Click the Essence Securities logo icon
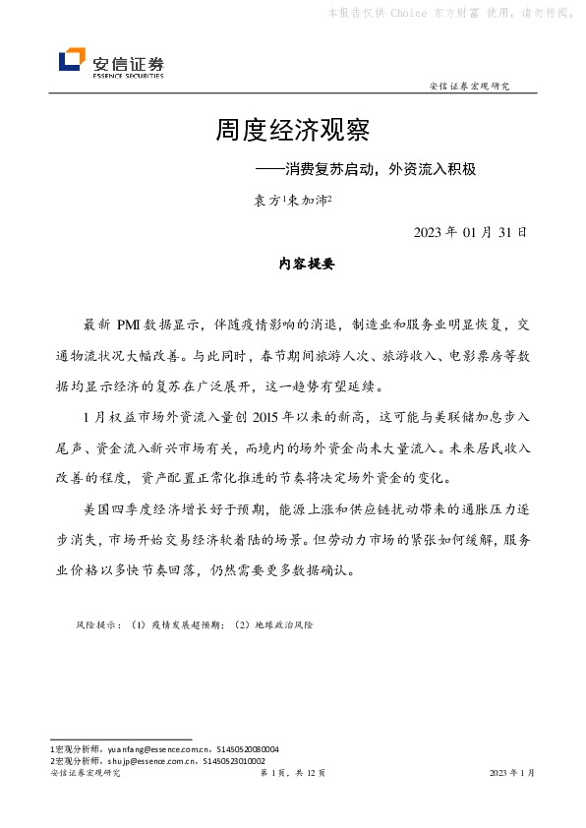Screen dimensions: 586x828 (72, 61)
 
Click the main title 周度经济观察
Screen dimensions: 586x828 (292, 129)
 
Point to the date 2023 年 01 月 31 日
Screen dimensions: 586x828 (471, 233)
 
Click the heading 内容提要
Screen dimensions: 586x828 (293, 265)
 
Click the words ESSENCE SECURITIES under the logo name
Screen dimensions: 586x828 (127, 74)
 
